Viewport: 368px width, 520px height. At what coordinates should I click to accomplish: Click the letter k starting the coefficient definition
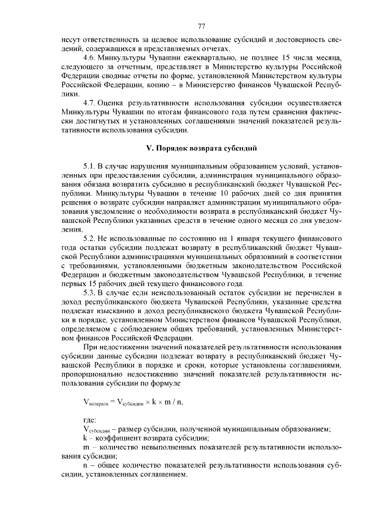pos(85,438)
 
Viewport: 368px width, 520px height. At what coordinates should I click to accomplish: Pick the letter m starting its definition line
pos(86,447)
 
